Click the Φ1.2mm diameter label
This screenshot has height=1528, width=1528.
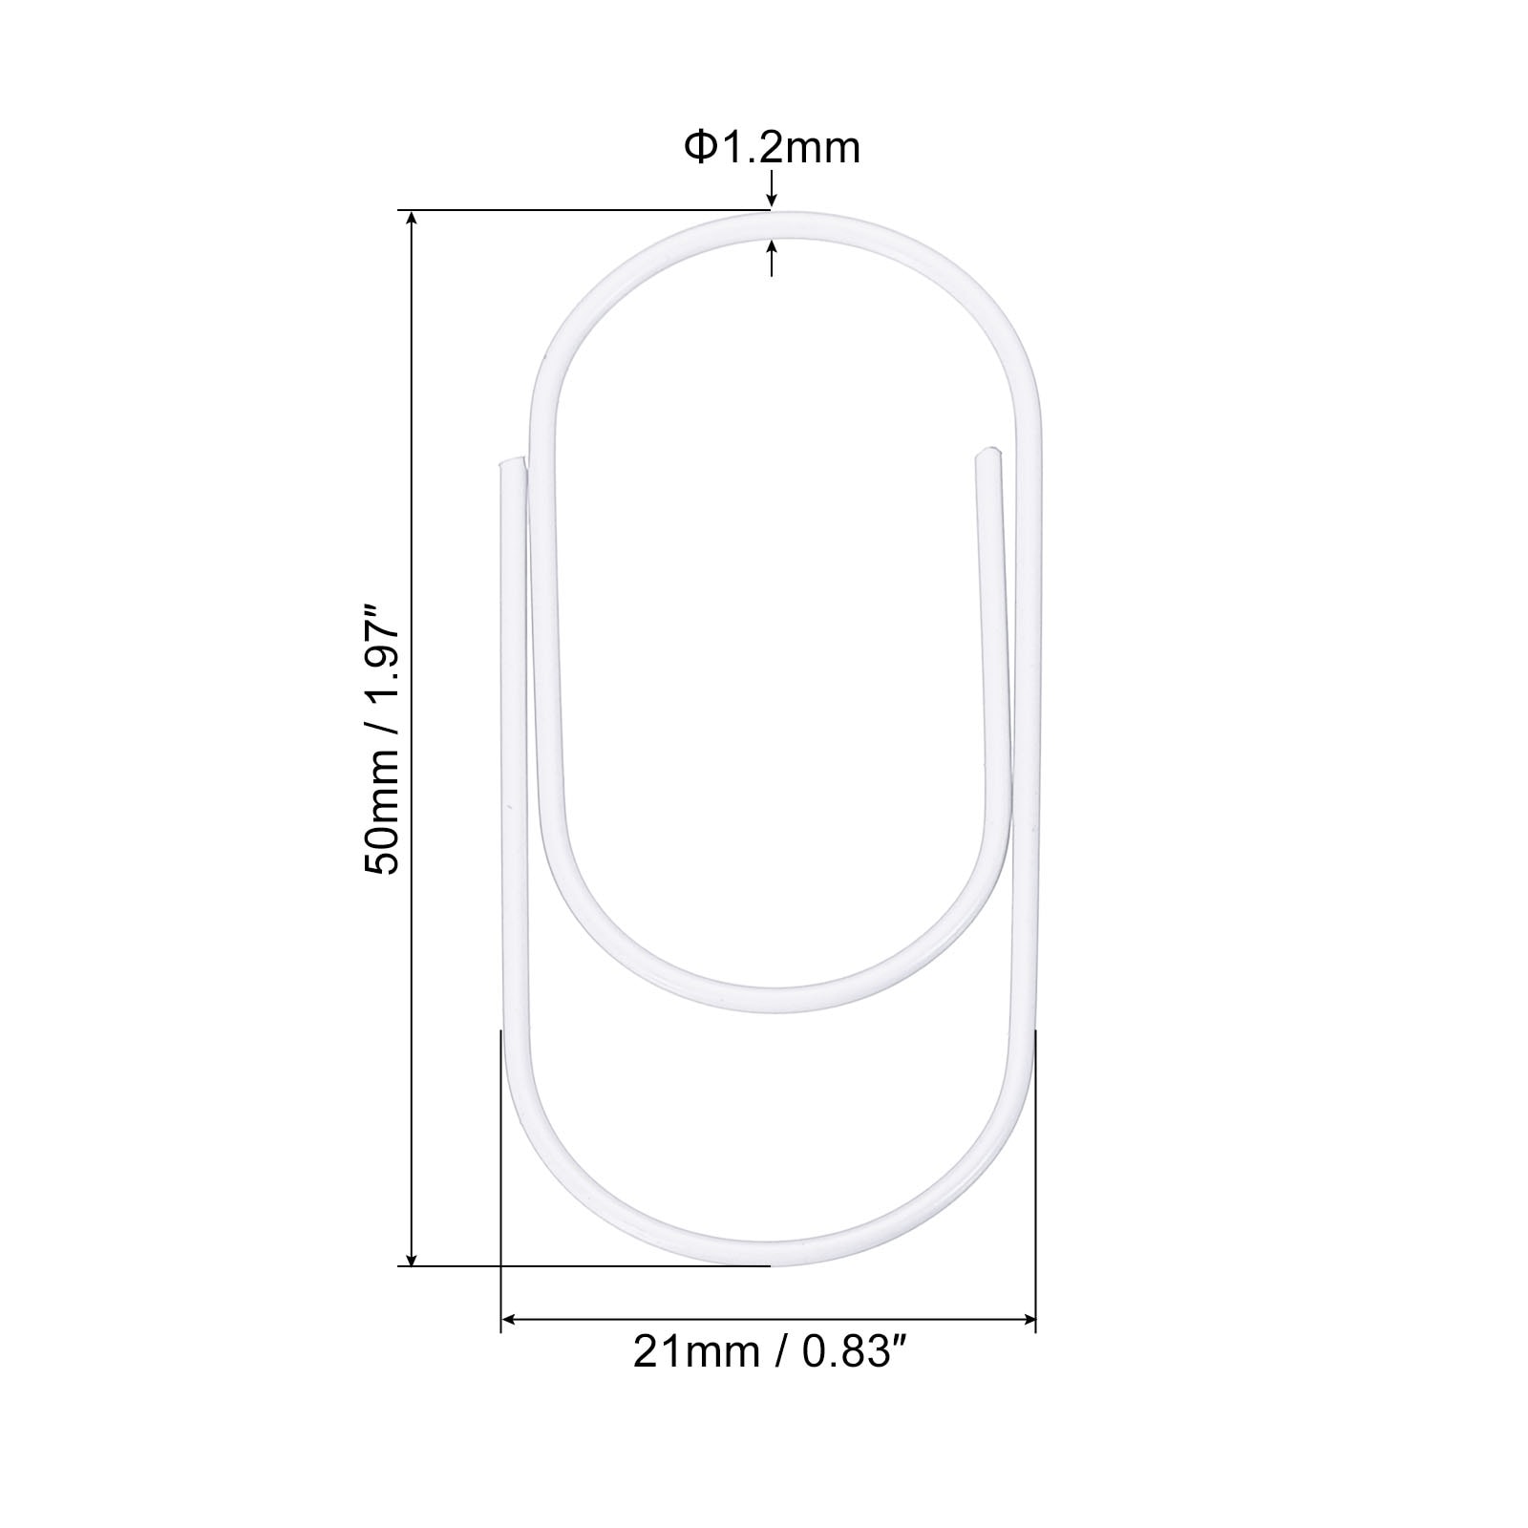tap(772, 148)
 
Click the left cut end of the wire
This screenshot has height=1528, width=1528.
tap(512, 462)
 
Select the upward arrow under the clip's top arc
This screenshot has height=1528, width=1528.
tap(772, 257)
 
